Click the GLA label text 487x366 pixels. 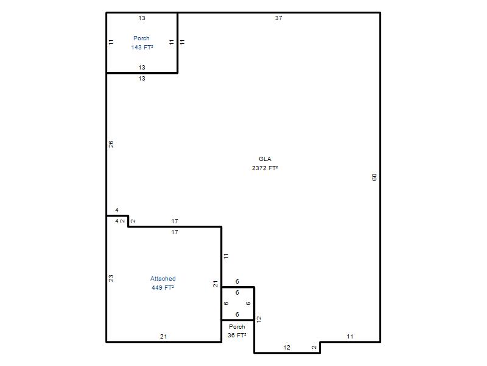point(265,159)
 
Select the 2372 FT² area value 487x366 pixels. point(265,168)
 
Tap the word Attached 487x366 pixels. point(163,279)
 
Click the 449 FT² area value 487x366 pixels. point(163,287)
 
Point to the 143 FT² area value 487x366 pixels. point(142,48)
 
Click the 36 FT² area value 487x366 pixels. point(237,335)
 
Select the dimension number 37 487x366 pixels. point(279,18)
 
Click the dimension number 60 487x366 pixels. point(374,177)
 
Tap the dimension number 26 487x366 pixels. point(111,144)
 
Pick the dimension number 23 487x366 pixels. point(111,278)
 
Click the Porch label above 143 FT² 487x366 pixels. point(142,38)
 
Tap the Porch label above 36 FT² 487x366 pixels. point(237,327)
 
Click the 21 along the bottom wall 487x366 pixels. point(163,337)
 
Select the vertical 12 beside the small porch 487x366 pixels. point(259,319)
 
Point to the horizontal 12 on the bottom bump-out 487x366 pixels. point(287,347)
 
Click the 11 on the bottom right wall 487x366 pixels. point(350,337)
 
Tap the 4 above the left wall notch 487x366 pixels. point(117,210)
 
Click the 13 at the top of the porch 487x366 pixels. point(142,18)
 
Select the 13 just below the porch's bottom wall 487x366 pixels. point(142,79)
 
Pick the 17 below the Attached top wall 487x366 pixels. point(175,232)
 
